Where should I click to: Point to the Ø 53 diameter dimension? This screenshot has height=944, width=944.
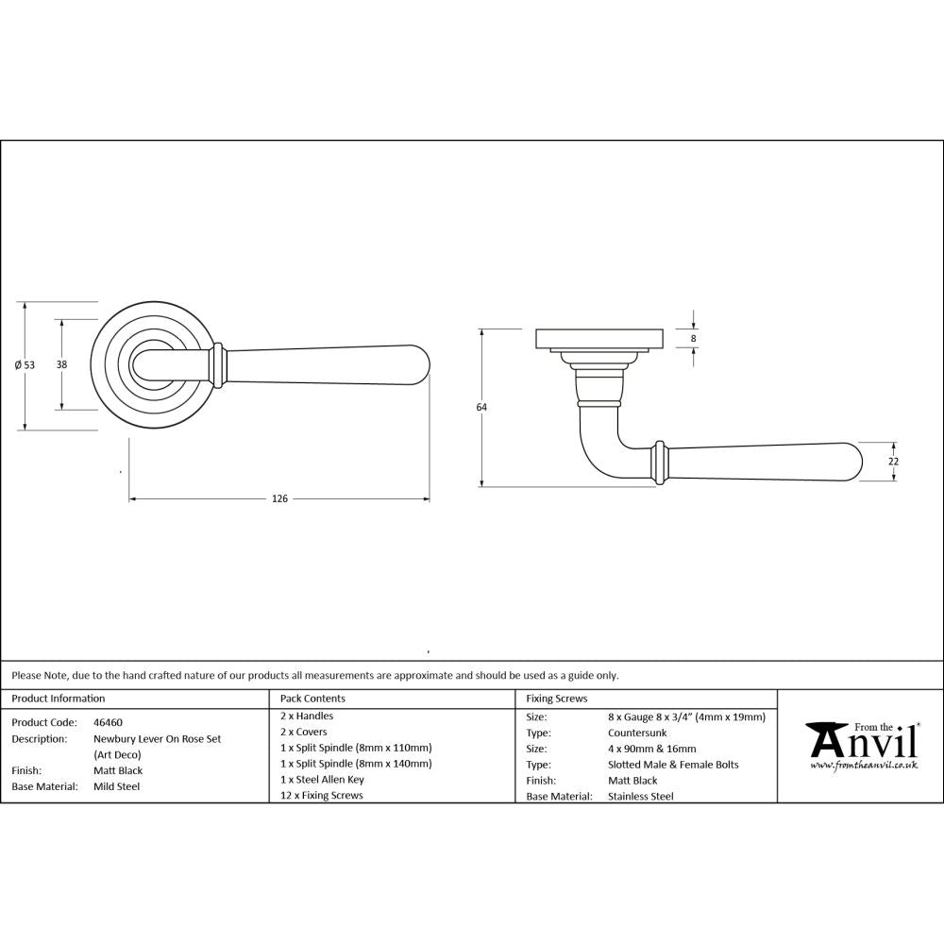(25, 365)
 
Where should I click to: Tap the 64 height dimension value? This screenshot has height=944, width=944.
(481, 407)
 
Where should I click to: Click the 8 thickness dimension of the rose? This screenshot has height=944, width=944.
(694, 338)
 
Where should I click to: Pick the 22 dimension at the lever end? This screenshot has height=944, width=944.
(894, 462)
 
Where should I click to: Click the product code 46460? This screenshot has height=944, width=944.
(108, 722)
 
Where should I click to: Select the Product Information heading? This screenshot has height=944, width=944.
(59, 699)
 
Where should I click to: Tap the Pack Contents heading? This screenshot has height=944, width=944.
(313, 699)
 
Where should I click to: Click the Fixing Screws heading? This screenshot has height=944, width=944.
(557, 699)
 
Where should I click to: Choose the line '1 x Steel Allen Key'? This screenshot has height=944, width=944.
(322, 780)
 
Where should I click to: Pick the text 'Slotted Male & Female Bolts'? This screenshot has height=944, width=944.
(674, 765)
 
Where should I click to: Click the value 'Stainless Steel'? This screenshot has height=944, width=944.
(641, 797)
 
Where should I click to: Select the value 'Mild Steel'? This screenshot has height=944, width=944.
(117, 786)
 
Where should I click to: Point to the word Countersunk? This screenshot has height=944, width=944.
(638, 733)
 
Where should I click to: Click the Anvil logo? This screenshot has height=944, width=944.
(860, 741)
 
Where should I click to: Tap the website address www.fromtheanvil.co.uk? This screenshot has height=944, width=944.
(864, 766)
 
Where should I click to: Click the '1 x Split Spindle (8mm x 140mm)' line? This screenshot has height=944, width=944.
(356, 764)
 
